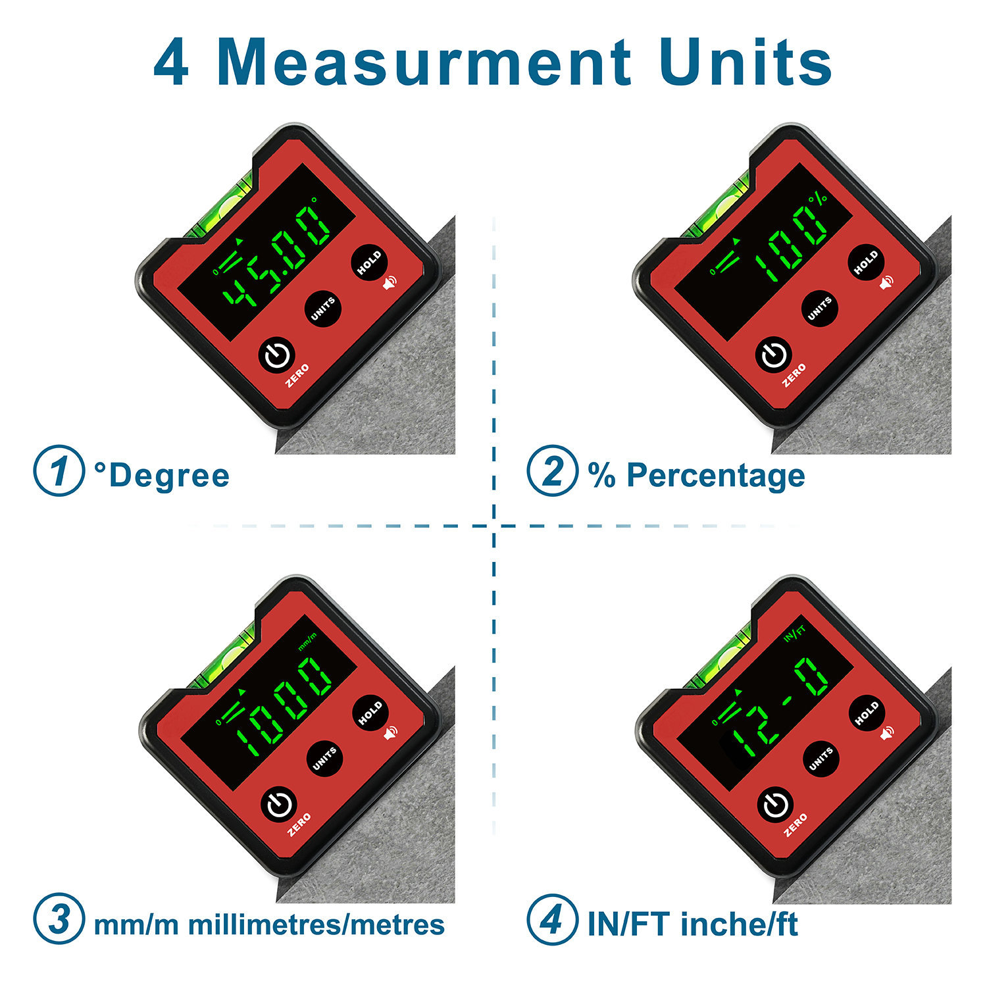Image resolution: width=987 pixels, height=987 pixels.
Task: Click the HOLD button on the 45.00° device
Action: [369, 262]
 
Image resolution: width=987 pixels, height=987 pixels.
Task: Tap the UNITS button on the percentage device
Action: [820, 308]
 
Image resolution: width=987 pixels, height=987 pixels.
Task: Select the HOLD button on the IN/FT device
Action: [867, 713]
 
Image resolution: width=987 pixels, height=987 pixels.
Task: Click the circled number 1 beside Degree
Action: [59, 471]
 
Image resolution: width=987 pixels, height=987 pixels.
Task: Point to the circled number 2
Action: [552, 471]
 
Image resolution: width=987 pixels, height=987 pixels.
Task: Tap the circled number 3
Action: [59, 919]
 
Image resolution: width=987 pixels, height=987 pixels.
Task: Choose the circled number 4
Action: [552, 919]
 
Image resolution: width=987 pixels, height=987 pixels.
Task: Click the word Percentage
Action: [715, 475]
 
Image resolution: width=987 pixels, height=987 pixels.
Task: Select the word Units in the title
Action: [746, 63]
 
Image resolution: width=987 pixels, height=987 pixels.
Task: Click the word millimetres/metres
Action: [316, 924]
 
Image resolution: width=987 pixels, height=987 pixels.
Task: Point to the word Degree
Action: [168, 475]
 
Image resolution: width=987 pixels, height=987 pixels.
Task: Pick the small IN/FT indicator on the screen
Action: [795, 634]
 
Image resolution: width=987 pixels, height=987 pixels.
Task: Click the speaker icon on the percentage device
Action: [887, 282]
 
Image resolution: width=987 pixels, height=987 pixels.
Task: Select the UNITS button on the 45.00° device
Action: [323, 308]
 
